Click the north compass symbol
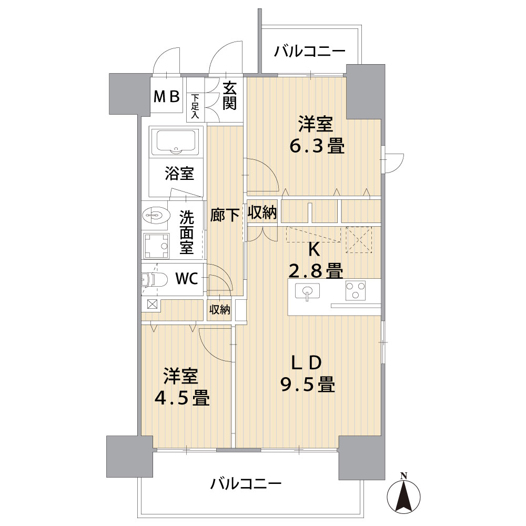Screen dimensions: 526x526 click(x=403, y=495)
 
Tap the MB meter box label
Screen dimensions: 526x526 click(x=167, y=97)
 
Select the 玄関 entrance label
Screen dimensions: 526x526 click(x=230, y=96)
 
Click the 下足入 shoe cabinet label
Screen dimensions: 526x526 click(x=195, y=106)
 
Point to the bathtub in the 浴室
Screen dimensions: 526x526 click(x=176, y=141)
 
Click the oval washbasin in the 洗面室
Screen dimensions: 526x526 click(x=155, y=215)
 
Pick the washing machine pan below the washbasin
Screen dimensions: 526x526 click(x=156, y=246)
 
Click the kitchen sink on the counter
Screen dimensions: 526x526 click(x=307, y=291)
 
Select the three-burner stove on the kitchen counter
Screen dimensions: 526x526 click(x=356, y=290)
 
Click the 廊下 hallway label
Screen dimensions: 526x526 click(x=225, y=215)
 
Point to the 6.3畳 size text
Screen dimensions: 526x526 click(x=317, y=147)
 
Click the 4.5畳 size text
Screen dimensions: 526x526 click(x=182, y=398)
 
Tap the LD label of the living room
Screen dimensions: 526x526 click(x=307, y=362)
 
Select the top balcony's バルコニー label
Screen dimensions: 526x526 click(x=310, y=52)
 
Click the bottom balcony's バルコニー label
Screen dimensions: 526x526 click(x=246, y=484)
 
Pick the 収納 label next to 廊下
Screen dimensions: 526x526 click(x=262, y=213)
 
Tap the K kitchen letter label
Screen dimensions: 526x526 click(x=313, y=249)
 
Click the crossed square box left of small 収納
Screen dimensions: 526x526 click(x=152, y=304)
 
